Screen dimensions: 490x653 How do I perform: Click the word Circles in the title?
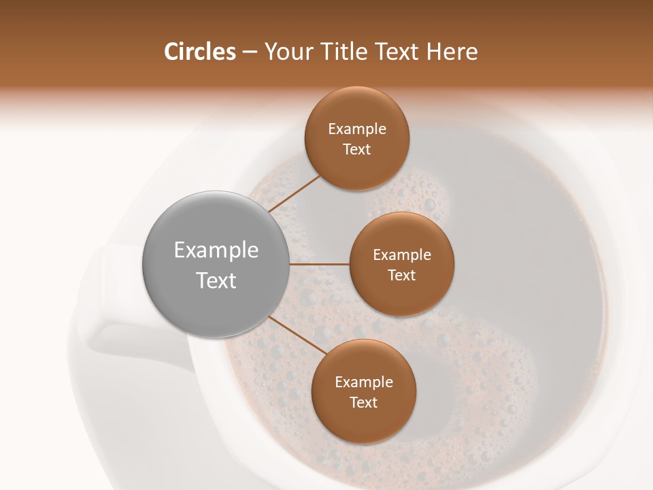click(x=200, y=52)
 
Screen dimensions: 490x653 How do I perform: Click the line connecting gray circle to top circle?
click(x=294, y=193)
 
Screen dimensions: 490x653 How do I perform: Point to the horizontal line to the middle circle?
click(x=320, y=264)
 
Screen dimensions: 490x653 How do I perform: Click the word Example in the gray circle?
click(x=216, y=250)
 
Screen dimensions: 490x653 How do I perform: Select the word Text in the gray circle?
click(x=216, y=280)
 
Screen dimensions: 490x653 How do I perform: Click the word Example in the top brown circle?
click(x=357, y=129)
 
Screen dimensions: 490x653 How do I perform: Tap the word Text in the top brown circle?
click(x=357, y=150)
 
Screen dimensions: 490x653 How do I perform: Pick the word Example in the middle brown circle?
click(x=402, y=255)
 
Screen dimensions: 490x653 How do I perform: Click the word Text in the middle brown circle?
click(x=402, y=276)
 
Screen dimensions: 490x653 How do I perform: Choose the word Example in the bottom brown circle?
click(x=364, y=382)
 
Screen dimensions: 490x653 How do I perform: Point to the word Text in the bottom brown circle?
click(x=364, y=403)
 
